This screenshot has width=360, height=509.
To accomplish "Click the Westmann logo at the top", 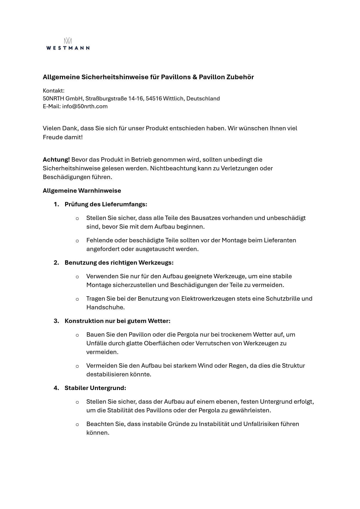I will (x=68, y=44).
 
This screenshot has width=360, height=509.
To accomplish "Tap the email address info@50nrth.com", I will (x=85, y=107).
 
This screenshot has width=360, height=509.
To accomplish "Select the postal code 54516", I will (x=154, y=99).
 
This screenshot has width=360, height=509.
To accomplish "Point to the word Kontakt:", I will (x=54, y=91).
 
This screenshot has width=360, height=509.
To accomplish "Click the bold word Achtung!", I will (x=56, y=160).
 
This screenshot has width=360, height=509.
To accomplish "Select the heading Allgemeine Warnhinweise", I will (x=82, y=191).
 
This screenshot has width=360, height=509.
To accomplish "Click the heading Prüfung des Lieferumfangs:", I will (x=106, y=204).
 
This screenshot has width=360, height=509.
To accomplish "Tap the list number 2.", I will (x=56, y=263).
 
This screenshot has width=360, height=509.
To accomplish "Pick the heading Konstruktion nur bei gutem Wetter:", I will (x=117, y=321).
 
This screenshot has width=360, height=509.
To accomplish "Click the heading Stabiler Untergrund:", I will (x=95, y=388).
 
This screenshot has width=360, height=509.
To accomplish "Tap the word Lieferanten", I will (x=280, y=240).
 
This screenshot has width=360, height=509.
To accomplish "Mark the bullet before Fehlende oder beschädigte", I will (x=77, y=241).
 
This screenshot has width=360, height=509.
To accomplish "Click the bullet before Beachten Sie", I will (x=77, y=424).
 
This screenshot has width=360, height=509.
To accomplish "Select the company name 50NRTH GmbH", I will (x=63, y=99).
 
